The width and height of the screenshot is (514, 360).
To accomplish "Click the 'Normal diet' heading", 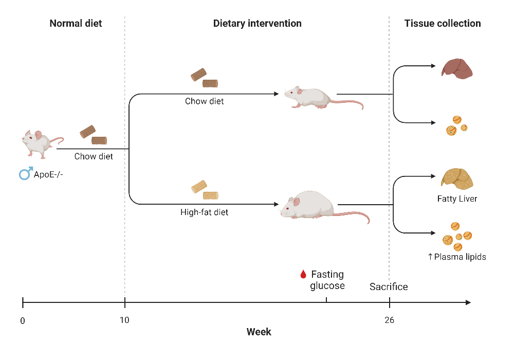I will pos(76,23).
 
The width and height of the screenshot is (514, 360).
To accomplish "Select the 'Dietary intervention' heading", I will pos(257,23).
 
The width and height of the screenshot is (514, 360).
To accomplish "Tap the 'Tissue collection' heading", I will pos(443,23).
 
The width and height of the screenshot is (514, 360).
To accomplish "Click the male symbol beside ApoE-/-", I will pos(25,174).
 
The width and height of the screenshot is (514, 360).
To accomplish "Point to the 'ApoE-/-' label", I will pos(48,174).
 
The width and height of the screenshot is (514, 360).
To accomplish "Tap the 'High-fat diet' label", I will pos(204,211).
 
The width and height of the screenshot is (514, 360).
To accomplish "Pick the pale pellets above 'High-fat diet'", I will pos(205,190).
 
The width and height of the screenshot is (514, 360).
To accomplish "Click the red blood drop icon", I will pos(303,275).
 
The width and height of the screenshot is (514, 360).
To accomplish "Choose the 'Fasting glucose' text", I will pos(327,280).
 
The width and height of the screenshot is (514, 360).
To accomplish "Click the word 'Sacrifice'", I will pos(389,286).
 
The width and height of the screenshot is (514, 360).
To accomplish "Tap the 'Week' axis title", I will pos(259,332).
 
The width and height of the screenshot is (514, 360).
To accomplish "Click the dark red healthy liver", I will pos(456,68).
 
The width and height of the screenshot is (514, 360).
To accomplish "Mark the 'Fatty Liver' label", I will pos(457,199).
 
